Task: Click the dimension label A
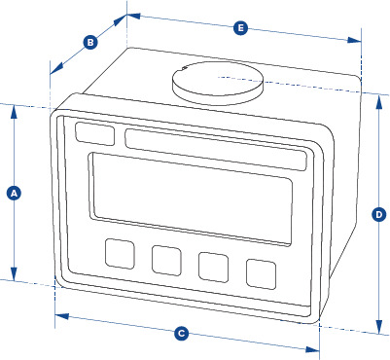coord(14,194)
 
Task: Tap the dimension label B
coord(90,42)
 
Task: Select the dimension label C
coord(181,334)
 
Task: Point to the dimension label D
coord(378,215)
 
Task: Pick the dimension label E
coord(240,28)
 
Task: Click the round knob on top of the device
coord(218,84)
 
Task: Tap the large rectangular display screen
coord(191,198)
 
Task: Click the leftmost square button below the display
coord(120,254)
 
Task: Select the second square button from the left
coord(166,261)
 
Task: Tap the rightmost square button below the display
coord(262,273)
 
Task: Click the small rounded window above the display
coord(94,133)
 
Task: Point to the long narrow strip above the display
coord(216,150)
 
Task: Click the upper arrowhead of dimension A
coord(14,111)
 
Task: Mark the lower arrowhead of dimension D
coord(378,326)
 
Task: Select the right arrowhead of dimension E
coord(354,40)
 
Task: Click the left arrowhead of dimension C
coord(62,316)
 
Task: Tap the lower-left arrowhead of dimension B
coord(55,69)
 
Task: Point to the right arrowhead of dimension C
coord(312,349)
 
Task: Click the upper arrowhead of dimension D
coord(378,101)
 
